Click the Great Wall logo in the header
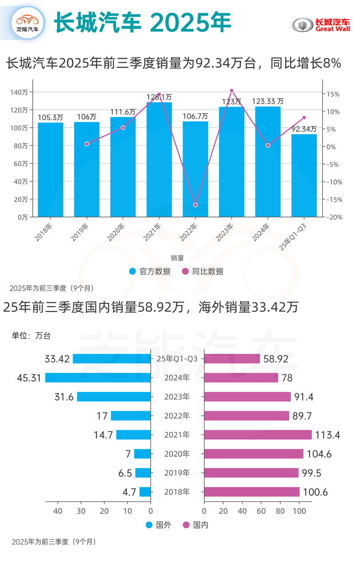tap(321, 25)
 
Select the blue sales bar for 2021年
tap(159, 159)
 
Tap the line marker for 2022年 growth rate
tap(195, 205)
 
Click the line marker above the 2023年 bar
tap(231, 91)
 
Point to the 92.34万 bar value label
tap(304, 129)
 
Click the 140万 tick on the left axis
tap(19, 92)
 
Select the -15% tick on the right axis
tap(333, 199)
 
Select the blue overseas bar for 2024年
tap(98, 378)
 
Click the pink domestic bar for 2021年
tap(258, 435)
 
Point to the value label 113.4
tap(328, 435)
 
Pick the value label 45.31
tap(30, 378)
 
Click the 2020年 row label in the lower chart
tap(177, 454)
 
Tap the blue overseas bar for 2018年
tap(145, 492)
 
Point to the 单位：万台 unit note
tap(31, 335)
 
